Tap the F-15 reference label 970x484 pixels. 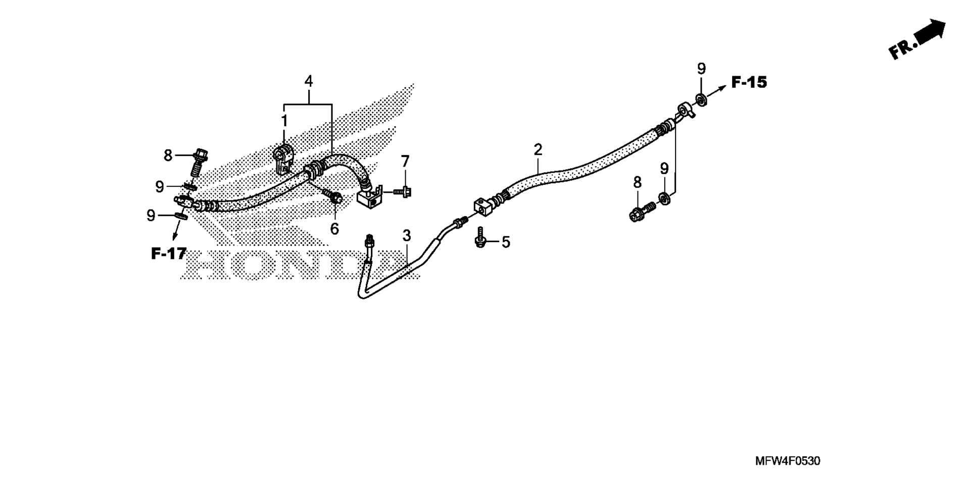click(x=749, y=82)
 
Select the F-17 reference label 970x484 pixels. click(x=169, y=253)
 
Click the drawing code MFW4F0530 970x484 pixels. click(x=788, y=461)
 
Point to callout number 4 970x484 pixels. click(x=308, y=81)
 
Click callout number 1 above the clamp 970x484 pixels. click(x=284, y=121)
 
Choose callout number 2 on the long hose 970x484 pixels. click(x=538, y=149)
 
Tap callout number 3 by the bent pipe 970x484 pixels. click(x=407, y=235)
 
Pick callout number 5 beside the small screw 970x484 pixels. click(x=506, y=242)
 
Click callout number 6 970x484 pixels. click(x=334, y=229)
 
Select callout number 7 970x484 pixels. click(x=405, y=162)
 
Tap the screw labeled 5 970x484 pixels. click(x=480, y=237)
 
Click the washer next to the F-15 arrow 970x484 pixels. click(x=701, y=99)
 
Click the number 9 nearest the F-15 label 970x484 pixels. click(x=701, y=69)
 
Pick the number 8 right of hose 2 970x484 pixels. click(x=637, y=182)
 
